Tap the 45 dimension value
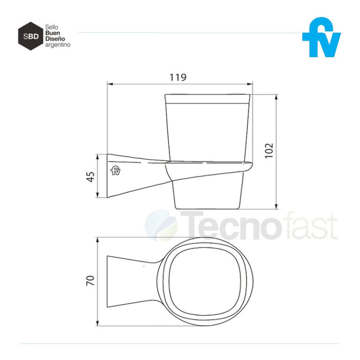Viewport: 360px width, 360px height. pos(91,176)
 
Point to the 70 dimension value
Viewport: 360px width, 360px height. pos(91,280)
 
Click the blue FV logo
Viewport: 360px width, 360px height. pos(321,38)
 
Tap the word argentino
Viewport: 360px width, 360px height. pos(58,45)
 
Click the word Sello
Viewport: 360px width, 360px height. pos(51,28)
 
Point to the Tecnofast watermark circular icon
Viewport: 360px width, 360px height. pos(161,225)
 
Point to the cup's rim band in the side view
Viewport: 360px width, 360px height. pos(209,98)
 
